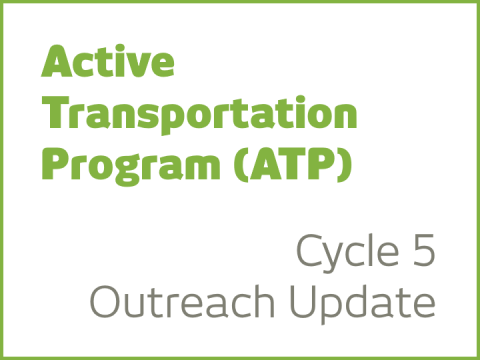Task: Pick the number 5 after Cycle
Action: coord(423,250)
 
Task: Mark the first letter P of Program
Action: coord(55,162)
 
